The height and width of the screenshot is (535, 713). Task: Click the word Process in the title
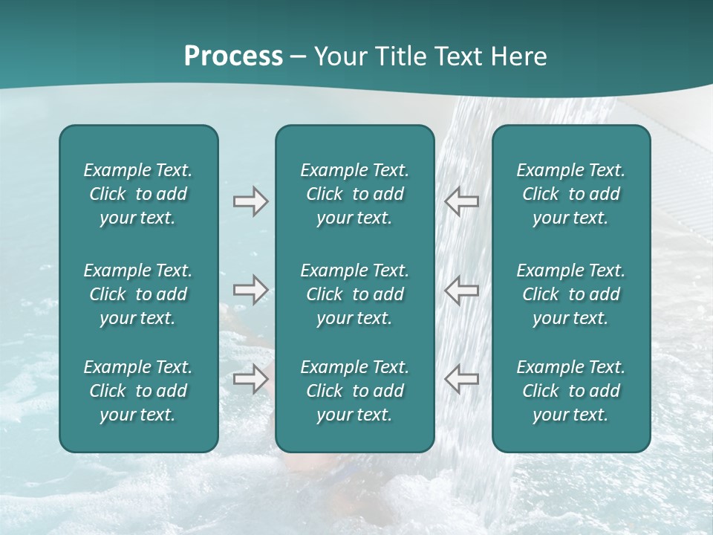point(233,56)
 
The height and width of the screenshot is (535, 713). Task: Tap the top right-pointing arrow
point(250,201)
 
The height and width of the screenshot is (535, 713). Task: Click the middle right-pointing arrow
point(250,290)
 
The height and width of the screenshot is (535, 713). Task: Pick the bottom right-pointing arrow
point(250,379)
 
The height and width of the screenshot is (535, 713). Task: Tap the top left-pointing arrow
point(461,201)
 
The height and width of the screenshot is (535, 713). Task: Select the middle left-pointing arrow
point(461,290)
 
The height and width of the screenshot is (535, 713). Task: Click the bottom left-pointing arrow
point(461,379)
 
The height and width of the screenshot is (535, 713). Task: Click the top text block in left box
point(138,194)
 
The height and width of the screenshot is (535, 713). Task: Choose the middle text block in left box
point(138,294)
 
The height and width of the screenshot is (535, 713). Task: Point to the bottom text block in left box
point(138,391)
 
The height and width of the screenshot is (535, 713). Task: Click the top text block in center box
point(354,194)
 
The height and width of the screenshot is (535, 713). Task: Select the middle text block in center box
point(354,294)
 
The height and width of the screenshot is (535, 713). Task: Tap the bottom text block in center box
point(354,391)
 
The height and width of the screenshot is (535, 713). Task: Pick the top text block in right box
point(570,194)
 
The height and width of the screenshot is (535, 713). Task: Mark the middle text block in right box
point(570,294)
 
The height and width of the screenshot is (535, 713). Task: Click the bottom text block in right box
point(570,391)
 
